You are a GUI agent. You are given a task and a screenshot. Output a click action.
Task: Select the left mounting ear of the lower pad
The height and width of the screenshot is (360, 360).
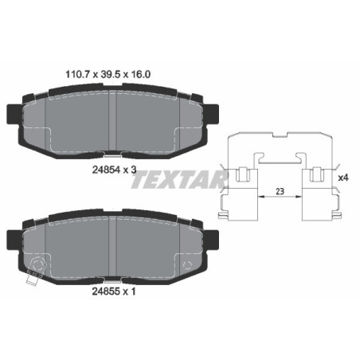14,237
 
